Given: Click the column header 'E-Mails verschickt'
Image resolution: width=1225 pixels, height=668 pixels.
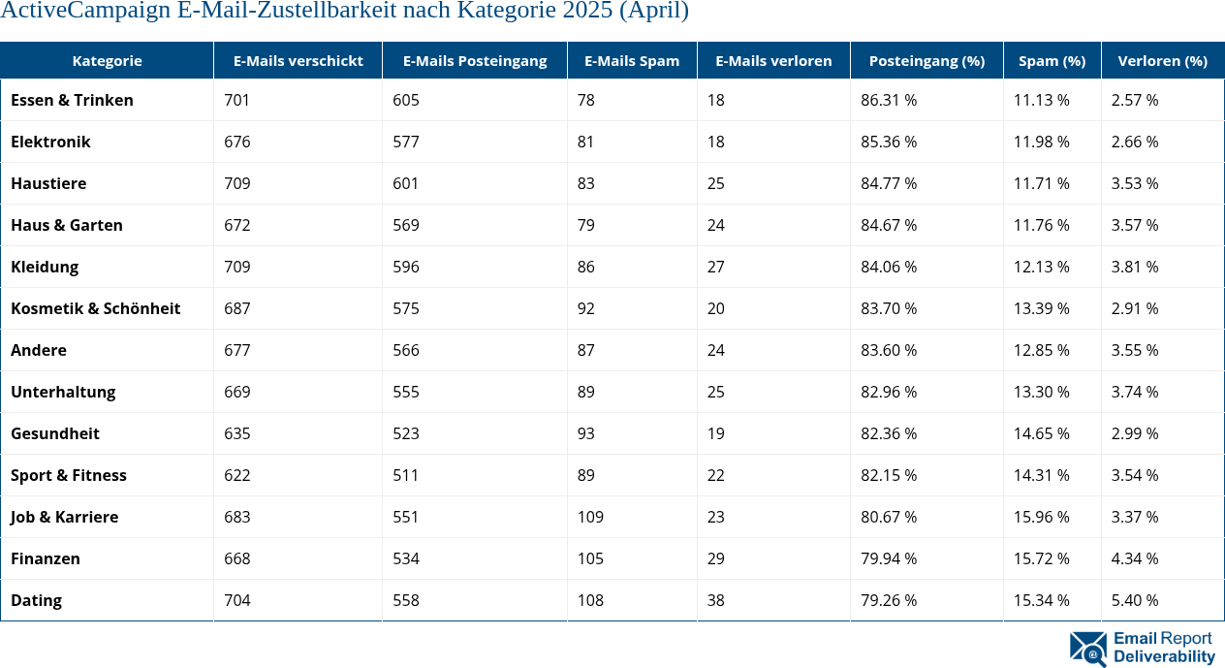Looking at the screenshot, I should pos(298,60).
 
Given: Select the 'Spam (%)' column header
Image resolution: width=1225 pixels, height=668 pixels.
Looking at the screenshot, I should pos(1052,60).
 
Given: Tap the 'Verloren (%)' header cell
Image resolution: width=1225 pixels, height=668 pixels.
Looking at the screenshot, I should pos(1162,60).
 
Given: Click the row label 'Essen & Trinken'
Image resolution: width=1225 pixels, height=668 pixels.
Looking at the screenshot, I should pos(72,100).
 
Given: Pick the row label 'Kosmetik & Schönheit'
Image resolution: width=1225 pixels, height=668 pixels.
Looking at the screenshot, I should pos(95,308).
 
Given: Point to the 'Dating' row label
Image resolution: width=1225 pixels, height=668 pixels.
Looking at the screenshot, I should pos(36,600).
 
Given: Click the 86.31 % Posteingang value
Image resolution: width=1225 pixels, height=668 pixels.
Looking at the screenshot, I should pos(889,100).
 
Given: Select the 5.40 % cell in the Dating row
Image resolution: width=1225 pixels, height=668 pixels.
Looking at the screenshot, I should pos(1135,600).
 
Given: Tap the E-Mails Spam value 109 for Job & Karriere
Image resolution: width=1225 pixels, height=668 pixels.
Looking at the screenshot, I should pos(590,517).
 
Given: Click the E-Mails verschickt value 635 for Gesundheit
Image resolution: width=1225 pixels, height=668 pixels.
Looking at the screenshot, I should pos(236,433).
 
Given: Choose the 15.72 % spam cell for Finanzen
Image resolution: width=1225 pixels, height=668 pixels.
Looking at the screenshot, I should pos(1042,558).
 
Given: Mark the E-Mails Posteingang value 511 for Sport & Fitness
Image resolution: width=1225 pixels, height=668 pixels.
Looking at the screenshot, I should pos(406,475).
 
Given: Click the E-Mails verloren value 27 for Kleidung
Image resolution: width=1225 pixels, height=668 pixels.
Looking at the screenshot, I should pos(715,267).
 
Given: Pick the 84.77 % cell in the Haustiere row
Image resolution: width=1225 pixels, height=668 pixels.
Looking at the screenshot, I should pos(889,183).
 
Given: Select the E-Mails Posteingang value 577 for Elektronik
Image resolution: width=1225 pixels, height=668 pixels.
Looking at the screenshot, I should pos(406,142).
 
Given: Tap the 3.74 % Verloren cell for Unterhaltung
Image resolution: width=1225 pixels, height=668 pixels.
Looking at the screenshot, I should pos(1135,392).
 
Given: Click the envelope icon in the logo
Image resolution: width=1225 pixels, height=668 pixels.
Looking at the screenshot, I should pos(1087,649).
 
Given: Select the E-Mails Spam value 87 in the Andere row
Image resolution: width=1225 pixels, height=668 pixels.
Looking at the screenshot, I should pos(585,350).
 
